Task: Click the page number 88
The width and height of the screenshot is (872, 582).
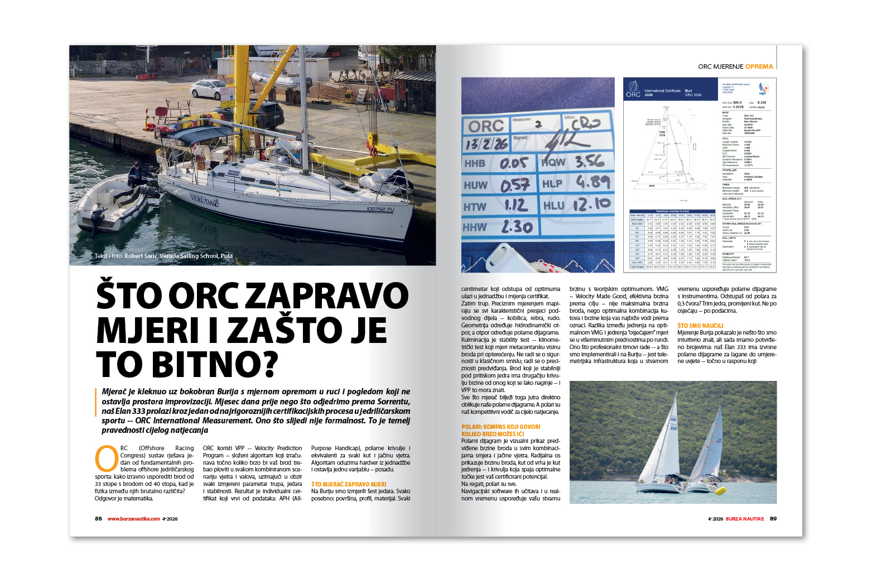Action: click(x=98, y=519)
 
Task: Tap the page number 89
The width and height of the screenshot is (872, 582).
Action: click(x=773, y=519)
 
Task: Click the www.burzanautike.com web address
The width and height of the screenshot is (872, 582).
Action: click(x=134, y=519)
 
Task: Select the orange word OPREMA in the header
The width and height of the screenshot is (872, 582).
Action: click(x=759, y=66)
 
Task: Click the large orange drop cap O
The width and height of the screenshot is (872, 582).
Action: click(x=107, y=458)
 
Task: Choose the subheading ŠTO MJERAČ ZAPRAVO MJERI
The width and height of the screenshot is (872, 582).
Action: click(x=349, y=484)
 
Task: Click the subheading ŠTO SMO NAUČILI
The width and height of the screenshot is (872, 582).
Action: click(x=700, y=326)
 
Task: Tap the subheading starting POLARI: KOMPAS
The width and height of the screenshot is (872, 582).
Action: click(x=500, y=427)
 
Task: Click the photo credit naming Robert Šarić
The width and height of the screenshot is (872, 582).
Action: click(x=163, y=256)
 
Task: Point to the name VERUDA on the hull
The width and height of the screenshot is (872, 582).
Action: click(x=204, y=199)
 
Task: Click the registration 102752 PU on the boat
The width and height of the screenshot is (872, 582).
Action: click(x=380, y=209)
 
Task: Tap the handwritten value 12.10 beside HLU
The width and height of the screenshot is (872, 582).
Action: click(x=592, y=204)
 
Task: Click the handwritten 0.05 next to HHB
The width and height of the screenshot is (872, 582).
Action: click(x=514, y=163)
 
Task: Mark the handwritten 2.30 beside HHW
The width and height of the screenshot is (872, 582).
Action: click(x=517, y=227)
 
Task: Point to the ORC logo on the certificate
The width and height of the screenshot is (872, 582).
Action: click(x=633, y=89)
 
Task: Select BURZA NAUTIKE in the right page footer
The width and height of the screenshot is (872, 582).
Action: click(x=745, y=519)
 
